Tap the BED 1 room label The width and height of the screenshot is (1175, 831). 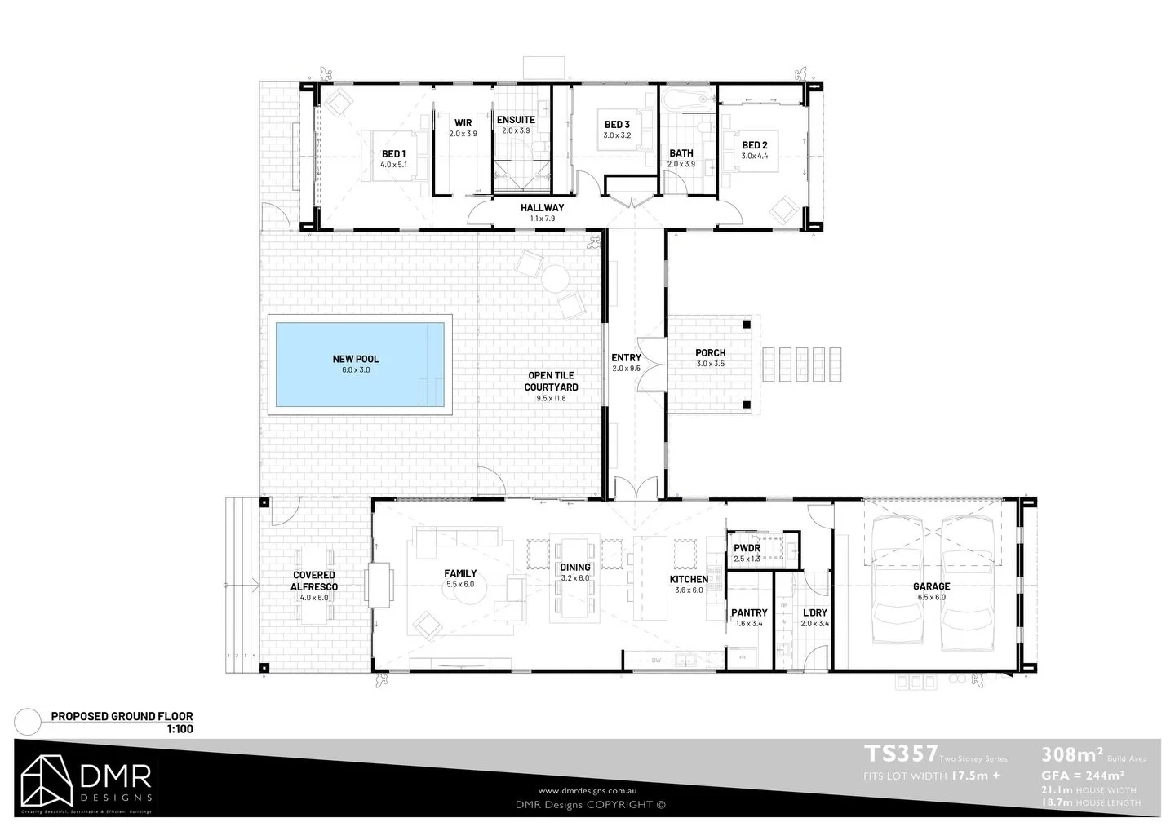tap(392, 154)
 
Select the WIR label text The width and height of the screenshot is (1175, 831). tap(463, 123)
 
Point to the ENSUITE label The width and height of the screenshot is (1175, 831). tap(516, 120)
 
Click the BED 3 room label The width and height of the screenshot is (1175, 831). tap(616, 125)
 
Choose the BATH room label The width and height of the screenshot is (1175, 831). tap(681, 153)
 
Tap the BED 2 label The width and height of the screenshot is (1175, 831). tap(754, 145)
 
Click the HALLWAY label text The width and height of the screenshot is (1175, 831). tap(542, 208)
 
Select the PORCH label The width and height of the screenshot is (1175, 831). tap(710, 353)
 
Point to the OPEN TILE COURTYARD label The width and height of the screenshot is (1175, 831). tap(552, 381)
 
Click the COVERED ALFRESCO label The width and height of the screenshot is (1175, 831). tap(314, 581)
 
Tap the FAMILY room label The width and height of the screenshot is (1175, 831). tap(460, 573)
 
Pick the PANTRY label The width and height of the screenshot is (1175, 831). tap(749, 612)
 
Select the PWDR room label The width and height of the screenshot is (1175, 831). tap(747, 548)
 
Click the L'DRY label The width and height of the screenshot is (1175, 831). tap(814, 612)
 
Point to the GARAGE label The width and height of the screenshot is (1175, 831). tap(931, 586)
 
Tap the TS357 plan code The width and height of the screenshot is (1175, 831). tap(900, 753)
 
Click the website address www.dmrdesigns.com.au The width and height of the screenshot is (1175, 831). tap(587, 791)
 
